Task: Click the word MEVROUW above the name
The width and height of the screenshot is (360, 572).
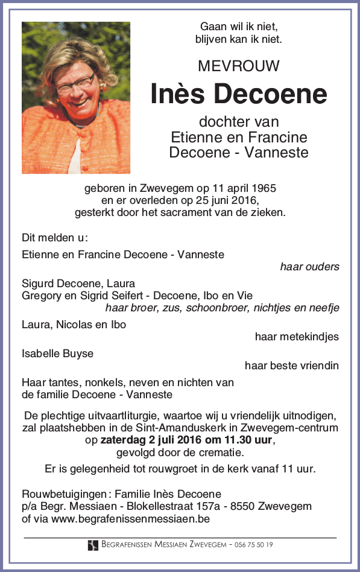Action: click(x=239, y=66)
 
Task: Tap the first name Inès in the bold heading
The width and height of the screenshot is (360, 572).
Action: click(x=178, y=94)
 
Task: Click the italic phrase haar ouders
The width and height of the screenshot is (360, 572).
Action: click(x=309, y=267)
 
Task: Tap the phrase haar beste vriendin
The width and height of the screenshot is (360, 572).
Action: click(x=291, y=366)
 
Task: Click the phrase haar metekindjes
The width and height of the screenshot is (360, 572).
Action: click(x=297, y=337)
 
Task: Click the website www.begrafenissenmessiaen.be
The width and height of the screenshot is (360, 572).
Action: click(x=130, y=518)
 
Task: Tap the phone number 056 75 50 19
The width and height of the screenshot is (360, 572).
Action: click(x=254, y=545)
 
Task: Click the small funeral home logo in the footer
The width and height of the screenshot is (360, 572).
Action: click(x=93, y=545)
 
